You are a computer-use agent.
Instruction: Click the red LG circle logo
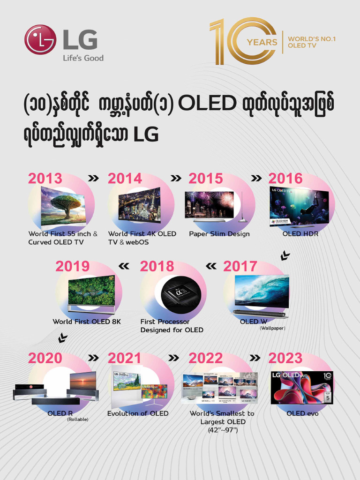[40, 40]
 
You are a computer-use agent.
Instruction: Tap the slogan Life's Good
[83, 58]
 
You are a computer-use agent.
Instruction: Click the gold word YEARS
[262, 42]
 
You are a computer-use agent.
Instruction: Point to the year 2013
[45, 179]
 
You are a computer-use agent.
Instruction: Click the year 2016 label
[285, 179]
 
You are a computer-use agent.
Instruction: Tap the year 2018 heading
[157, 266]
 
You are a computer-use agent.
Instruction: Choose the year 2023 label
[285, 358]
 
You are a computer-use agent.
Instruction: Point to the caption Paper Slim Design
[219, 234]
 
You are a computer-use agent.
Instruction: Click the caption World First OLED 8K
[87, 322]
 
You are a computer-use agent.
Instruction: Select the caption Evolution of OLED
[138, 413]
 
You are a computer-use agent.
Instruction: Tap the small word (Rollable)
[77, 420]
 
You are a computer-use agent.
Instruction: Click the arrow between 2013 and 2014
[94, 179]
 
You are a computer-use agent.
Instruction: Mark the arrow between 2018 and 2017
[211, 266]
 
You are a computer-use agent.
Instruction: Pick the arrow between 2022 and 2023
[255, 358]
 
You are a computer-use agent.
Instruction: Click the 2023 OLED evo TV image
[301, 388]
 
